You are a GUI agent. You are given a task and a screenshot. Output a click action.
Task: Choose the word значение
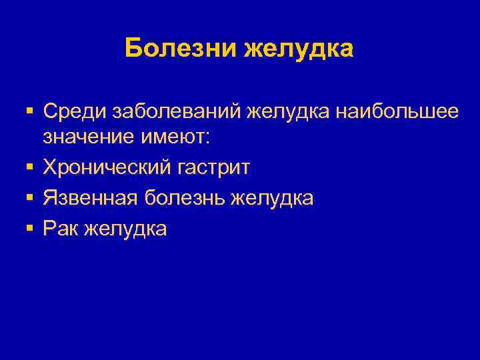click(87, 137)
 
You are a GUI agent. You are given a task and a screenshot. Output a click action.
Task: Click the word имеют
click(174, 137)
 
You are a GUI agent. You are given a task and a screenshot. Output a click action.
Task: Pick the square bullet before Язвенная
click(31, 197)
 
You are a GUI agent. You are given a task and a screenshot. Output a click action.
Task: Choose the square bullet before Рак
click(31, 228)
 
